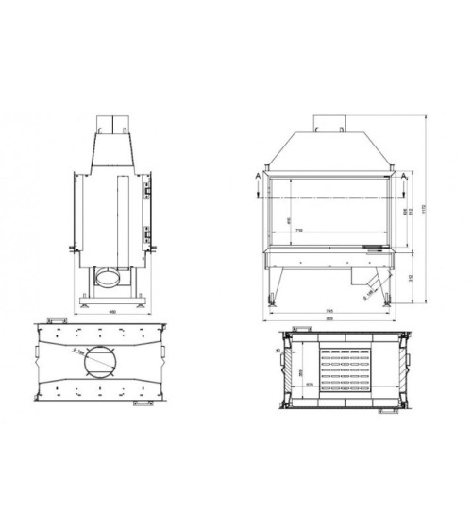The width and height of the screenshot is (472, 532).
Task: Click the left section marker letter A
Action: point(260,176)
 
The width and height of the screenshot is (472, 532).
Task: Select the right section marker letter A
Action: point(404,176)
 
